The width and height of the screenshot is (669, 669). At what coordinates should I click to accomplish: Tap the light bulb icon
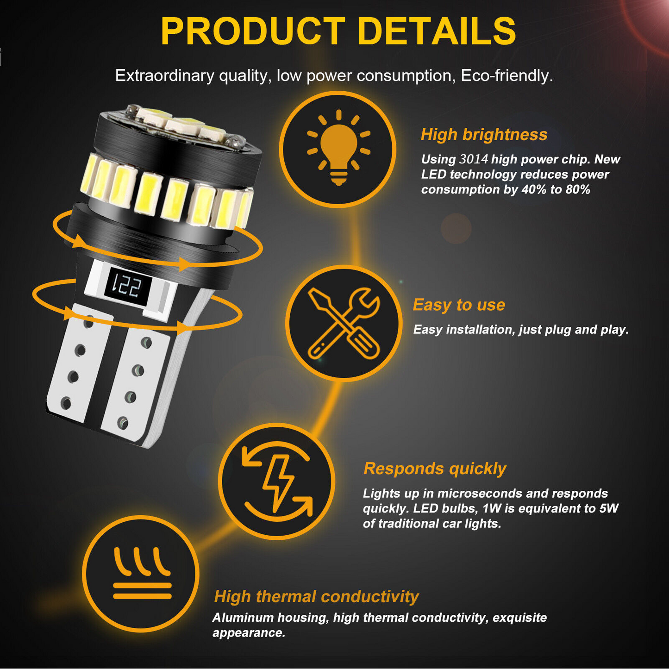click(x=338, y=148)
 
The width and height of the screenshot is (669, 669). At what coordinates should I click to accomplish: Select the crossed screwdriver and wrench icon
click(x=344, y=323)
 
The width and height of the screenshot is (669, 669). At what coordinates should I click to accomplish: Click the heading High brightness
click(x=484, y=134)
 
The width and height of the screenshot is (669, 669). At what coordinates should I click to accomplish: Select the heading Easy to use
click(x=459, y=305)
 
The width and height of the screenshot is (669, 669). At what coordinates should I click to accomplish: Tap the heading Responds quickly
click(x=435, y=469)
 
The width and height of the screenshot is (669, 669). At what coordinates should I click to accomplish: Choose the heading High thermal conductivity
click(x=316, y=596)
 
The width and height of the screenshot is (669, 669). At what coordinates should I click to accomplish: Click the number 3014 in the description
click(x=474, y=159)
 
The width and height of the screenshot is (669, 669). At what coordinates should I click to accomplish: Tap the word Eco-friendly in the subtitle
click(x=506, y=75)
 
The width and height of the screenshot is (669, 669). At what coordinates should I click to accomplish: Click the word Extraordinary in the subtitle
click(x=164, y=75)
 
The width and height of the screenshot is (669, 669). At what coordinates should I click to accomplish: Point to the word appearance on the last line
click(x=249, y=633)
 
